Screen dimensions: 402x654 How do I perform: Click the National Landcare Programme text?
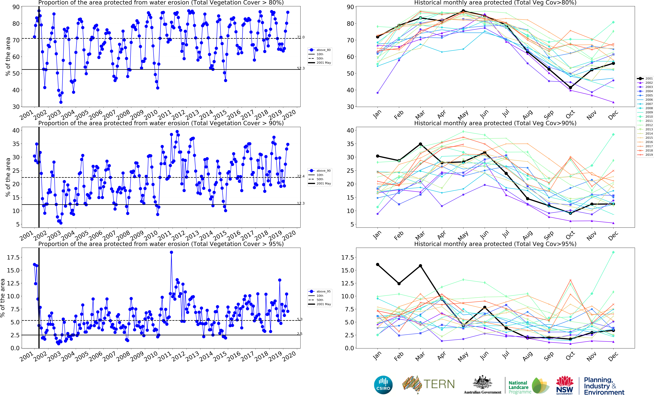pos(519,387)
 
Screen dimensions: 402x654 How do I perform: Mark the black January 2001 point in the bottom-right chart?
pos(377,265)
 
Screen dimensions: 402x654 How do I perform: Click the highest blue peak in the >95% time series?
pos(171,252)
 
